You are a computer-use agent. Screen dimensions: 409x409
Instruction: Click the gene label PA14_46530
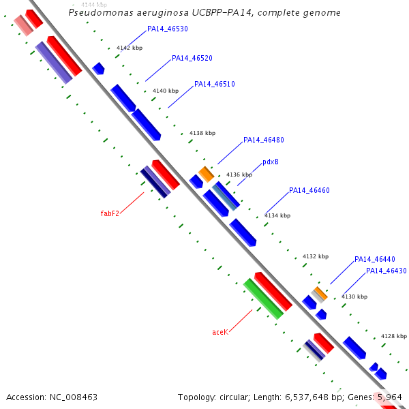tap(168, 29)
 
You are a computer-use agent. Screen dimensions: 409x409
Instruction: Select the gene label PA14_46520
tap(192, 59)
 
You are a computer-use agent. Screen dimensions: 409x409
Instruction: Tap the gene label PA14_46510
tap(215, 85)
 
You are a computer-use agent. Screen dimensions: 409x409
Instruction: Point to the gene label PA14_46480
tap(264, 140)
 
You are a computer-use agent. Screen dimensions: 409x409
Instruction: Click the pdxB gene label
tap(271, 163)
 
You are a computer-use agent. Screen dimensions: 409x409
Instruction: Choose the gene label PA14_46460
tap(309, 191)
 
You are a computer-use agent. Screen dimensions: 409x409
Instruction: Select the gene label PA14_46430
tap(387, 271)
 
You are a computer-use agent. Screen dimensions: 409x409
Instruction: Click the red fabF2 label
tap(110, 214)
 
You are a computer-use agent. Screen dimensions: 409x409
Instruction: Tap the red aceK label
tap(220, 333)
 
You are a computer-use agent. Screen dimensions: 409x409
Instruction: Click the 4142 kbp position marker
tap(130, 48)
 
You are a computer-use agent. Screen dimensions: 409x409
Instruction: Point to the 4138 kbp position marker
tap(202, 134)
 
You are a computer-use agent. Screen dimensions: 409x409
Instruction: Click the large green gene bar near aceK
tap(263, 299)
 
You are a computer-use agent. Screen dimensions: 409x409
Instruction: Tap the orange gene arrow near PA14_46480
tap(206, 174)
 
